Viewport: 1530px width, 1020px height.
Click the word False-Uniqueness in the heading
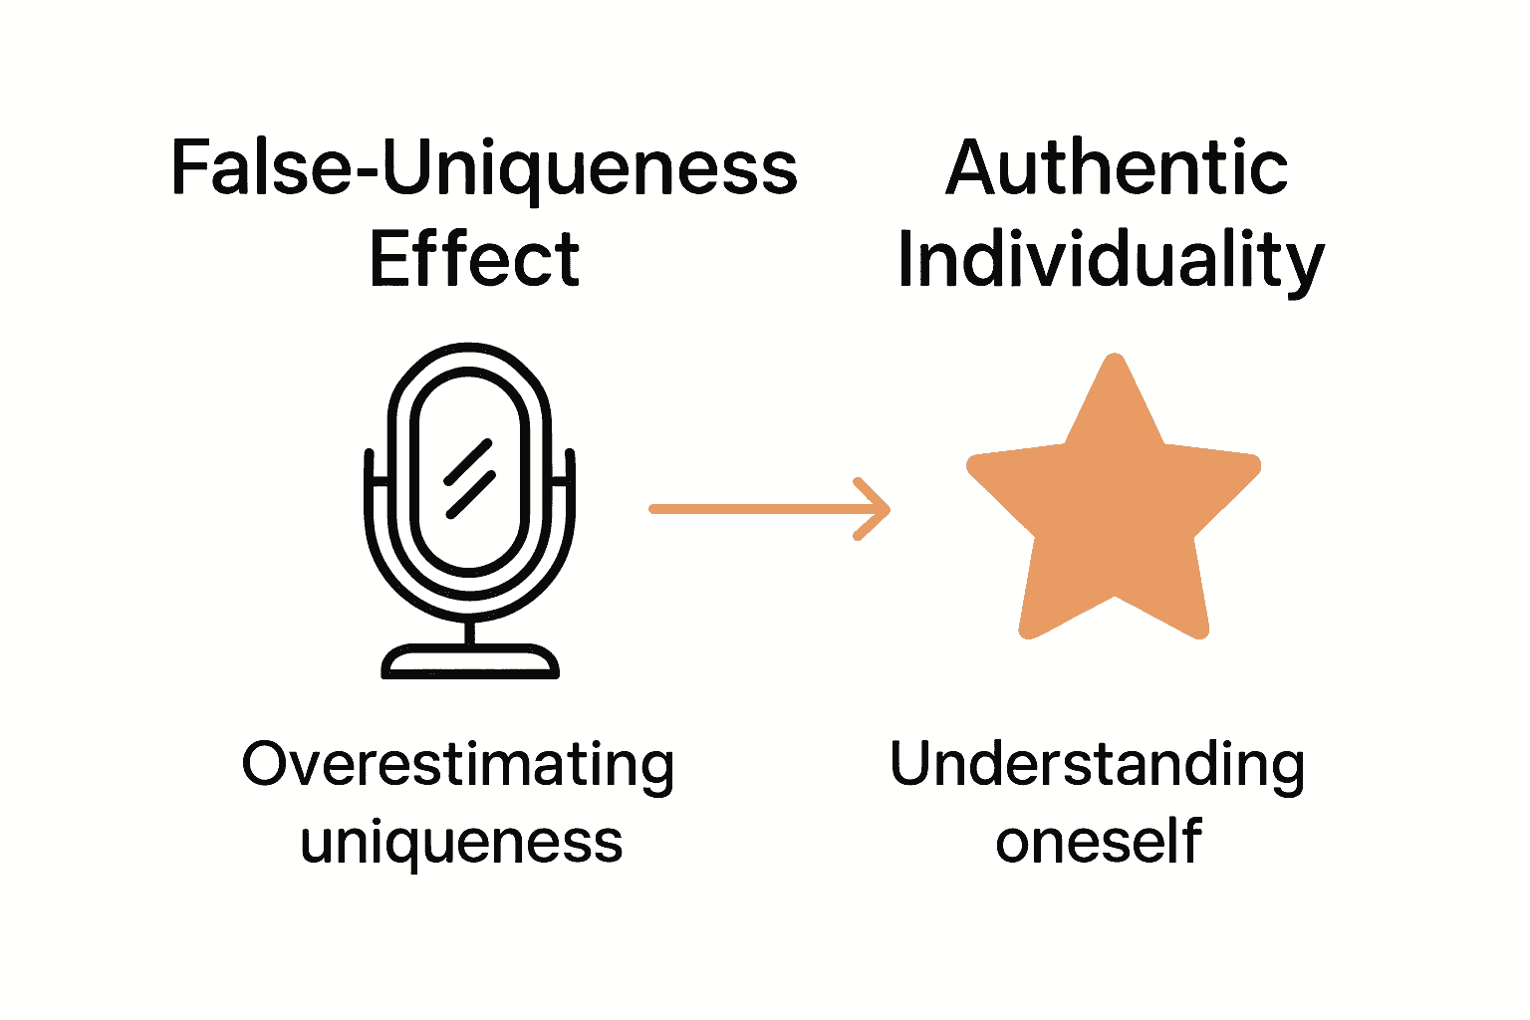pos(484,167)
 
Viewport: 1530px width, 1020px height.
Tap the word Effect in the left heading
pos(474,259)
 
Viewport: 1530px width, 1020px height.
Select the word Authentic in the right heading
pos(1116,167)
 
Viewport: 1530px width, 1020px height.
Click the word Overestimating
pos(458,765)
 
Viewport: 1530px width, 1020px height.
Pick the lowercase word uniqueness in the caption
pos(461,842)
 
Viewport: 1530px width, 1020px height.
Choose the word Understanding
pos(1097,765)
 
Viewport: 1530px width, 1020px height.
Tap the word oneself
pos(1098,842)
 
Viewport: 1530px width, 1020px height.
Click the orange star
pos(1115,508)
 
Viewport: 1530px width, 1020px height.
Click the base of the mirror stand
pos(470,662)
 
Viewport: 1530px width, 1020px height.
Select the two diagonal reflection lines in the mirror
pos(468,478)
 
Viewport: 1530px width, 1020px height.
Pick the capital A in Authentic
pos(977,167)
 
